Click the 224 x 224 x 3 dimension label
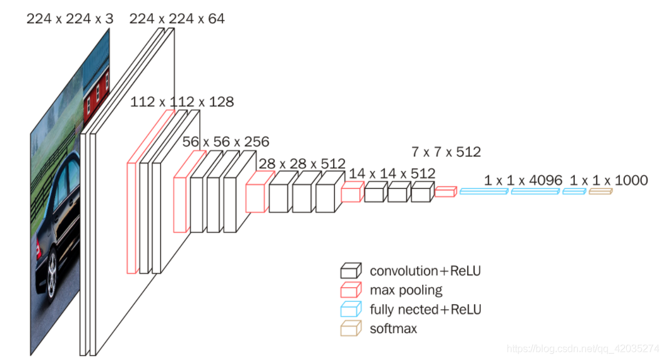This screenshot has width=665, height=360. tap(70, 19)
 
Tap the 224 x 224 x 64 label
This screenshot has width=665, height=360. tap(177, 19)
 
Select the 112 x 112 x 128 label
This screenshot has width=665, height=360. tap(182, 102)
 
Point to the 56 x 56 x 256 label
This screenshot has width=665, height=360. tap(225, 141)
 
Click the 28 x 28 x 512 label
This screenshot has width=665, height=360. tap(302, 163)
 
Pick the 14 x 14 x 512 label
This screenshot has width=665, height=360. tap(392, 173)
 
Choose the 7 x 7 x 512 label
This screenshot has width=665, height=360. tap(446, 152)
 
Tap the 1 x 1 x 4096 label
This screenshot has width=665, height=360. tap(523, 180)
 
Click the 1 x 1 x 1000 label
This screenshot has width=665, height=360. tap(609, 180)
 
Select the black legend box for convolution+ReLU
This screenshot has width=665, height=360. tap(351, 270)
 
